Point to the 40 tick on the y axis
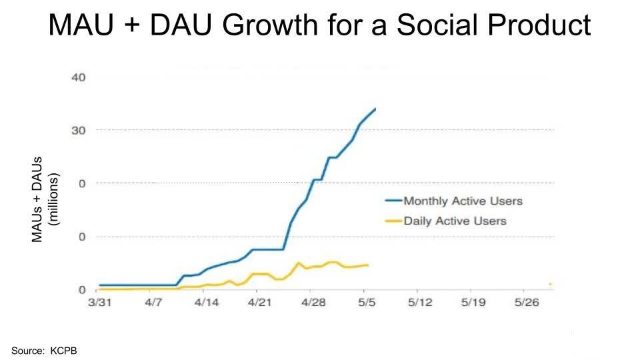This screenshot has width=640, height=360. tap(78, 77)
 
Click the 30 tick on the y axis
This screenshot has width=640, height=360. tap(78, 130)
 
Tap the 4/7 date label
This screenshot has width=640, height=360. tap(153, 302)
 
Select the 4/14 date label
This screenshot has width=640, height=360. tap(207, 302)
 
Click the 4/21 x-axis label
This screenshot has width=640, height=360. tap(260, 302)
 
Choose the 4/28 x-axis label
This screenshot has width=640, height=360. tap(313, 302)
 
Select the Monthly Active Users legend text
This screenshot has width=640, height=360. tap(463, 201)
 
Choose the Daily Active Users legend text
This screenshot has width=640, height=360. tap(455, 221)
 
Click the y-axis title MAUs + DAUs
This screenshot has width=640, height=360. tap(38, 199)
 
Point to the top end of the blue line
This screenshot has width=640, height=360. tap(375, 109)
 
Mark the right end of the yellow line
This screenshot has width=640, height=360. tap(368, 265)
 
